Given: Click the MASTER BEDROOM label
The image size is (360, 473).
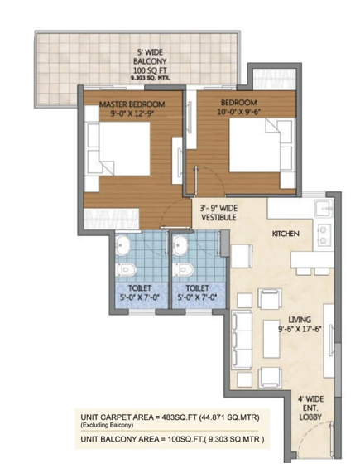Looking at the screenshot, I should tap(132, 104).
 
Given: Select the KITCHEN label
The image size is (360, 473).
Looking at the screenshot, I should tap(286, 234).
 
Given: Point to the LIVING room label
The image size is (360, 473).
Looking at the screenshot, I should tap(303, 318).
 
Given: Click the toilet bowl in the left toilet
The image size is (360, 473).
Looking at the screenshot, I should tap(126, 269).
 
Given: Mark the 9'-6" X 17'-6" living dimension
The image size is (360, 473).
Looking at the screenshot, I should tap(303, 330).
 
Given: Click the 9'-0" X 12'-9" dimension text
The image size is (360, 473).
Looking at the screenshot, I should tap(132, 115).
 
